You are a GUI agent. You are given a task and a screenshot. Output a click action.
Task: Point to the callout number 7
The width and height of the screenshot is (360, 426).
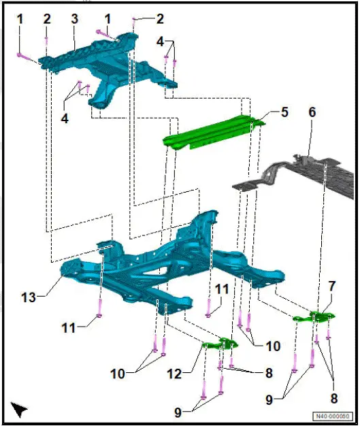pos(331,286)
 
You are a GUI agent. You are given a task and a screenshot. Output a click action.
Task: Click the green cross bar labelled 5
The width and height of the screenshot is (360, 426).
pos(211,133)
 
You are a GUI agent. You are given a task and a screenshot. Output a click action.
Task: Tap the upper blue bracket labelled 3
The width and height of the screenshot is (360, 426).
pos(102,61)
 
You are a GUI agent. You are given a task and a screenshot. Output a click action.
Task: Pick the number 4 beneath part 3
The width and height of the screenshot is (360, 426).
pos(64,118)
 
